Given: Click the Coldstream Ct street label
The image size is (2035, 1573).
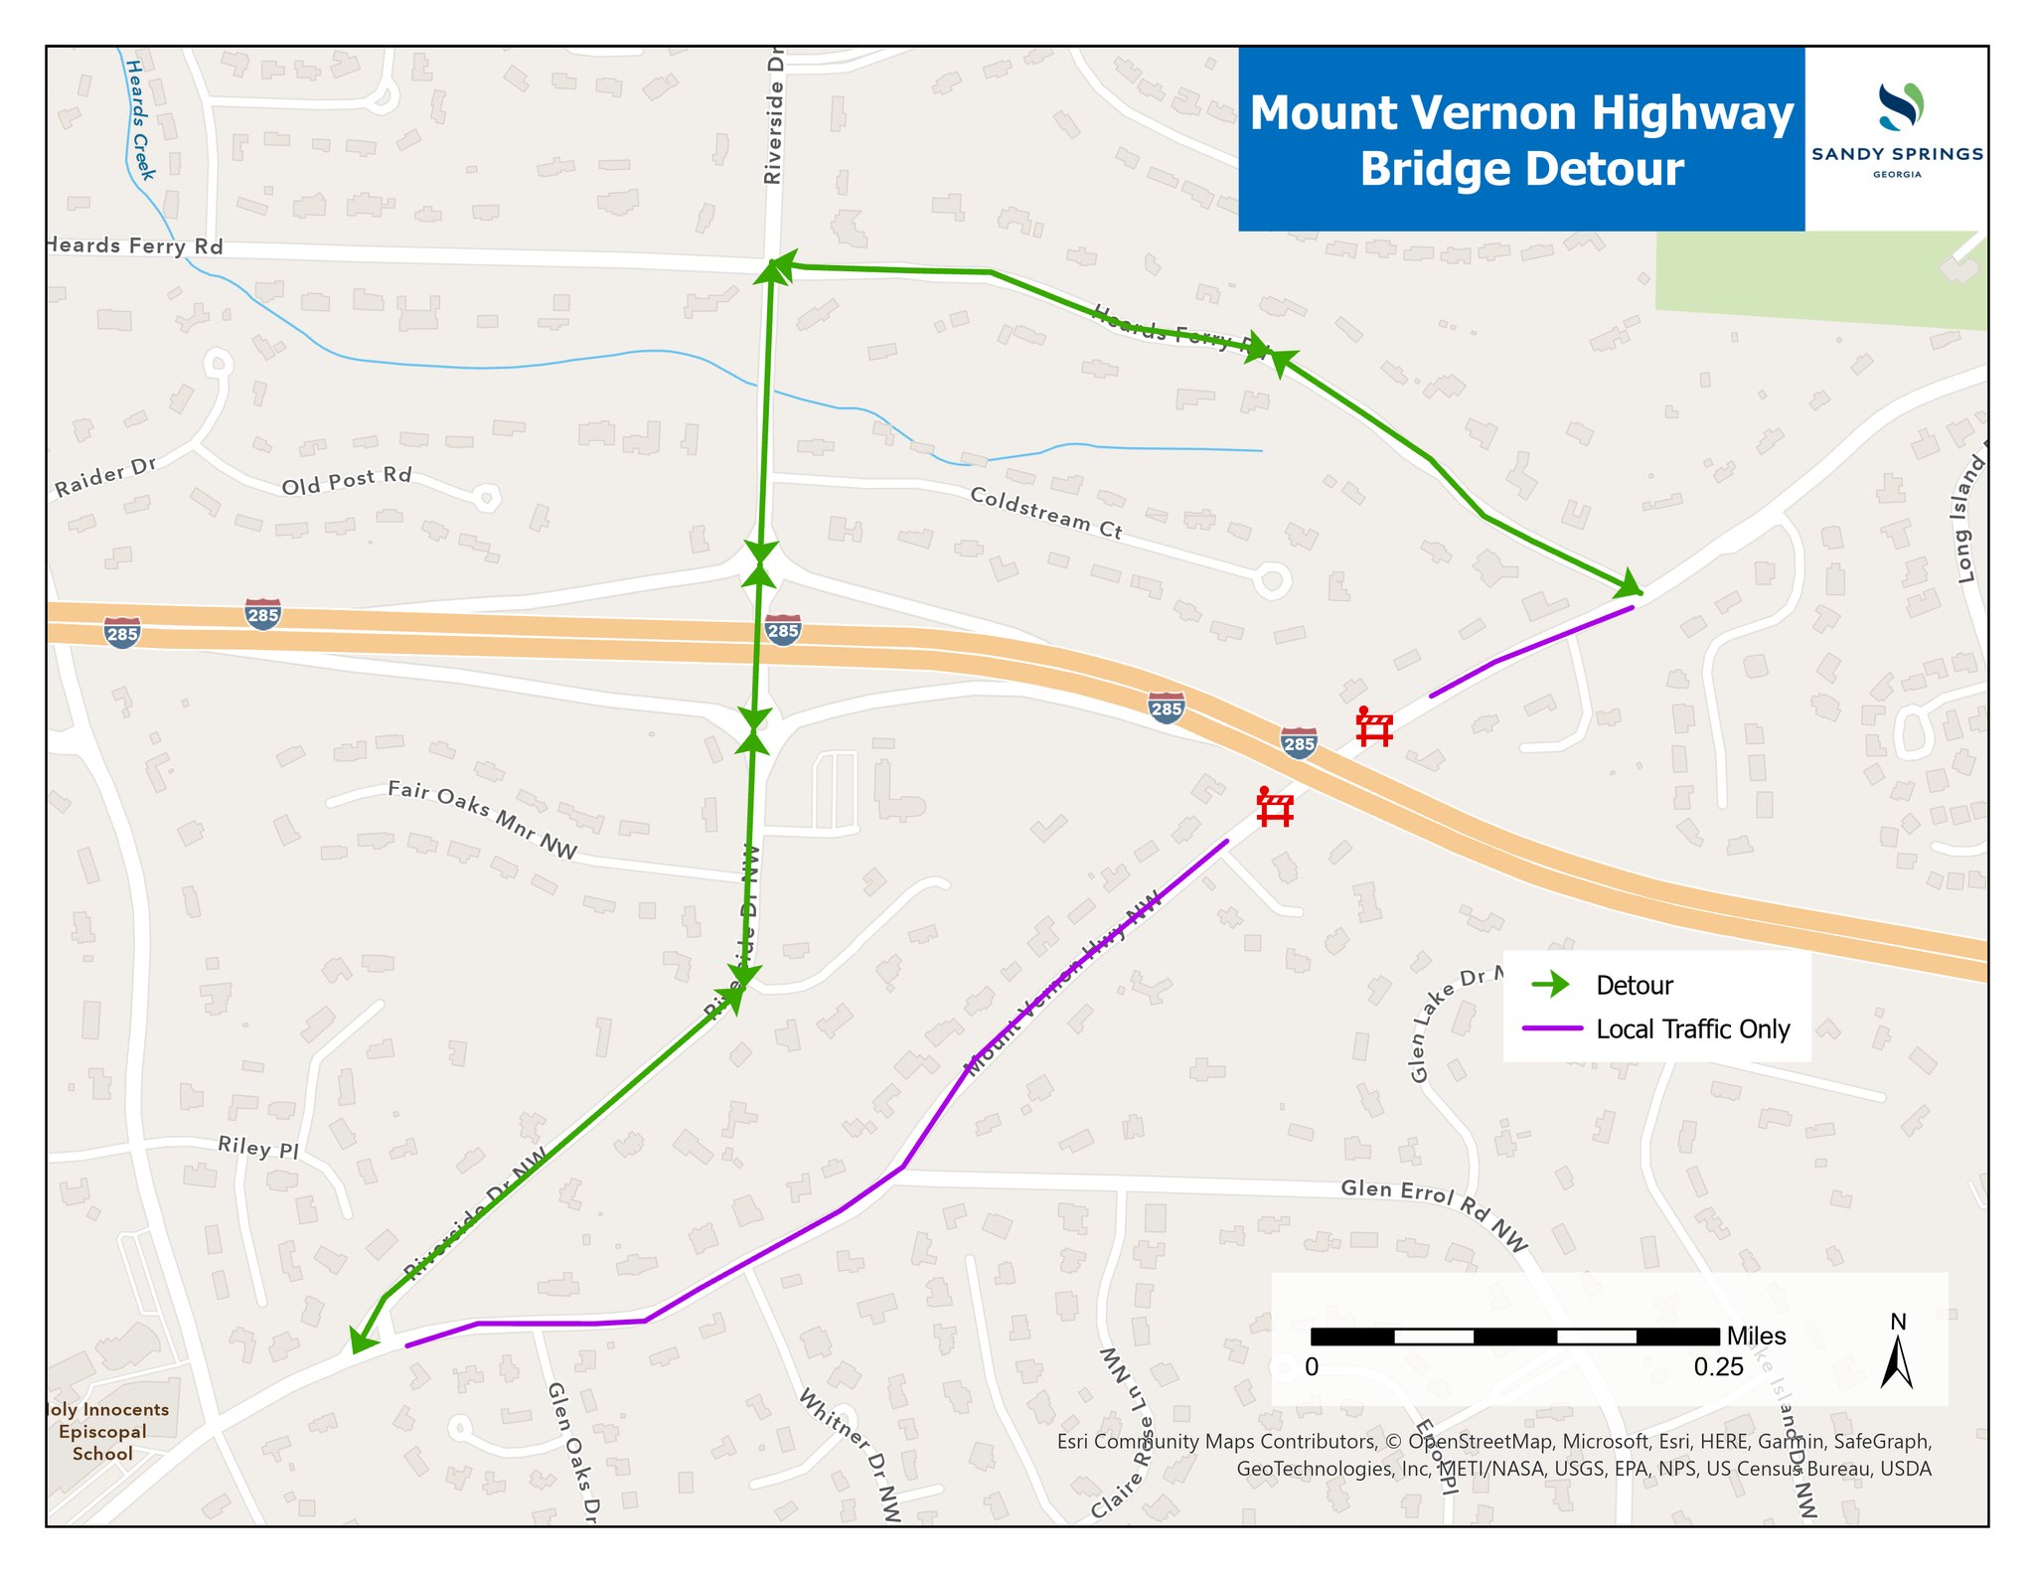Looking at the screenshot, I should pos(1045,513).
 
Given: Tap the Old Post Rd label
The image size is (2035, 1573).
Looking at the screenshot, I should pos(346,481).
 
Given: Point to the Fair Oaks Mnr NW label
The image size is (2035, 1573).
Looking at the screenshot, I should pos(482,820).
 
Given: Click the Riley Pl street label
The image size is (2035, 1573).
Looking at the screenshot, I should pos(258,1148).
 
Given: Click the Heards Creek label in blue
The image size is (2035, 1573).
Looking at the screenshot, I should pos(140,119).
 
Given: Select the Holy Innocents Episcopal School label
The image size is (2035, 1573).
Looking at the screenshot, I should pos(103,1431).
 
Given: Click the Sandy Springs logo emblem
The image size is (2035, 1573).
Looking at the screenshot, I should pos(1900,107).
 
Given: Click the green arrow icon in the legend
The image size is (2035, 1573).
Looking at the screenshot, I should pos(1551,985).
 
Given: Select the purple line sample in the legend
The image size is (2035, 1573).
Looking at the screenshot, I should pos(1551,1029).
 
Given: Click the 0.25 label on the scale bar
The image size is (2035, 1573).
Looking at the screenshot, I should pos(1718,1367).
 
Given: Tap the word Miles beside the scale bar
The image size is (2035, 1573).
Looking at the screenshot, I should pos(1756,1336).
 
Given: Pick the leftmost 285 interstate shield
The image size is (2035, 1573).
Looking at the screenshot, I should pos(122,632).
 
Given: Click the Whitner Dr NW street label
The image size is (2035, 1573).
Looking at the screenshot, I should pos(850,1456).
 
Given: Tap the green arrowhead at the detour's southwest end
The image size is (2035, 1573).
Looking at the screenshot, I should pos(361,1341).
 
